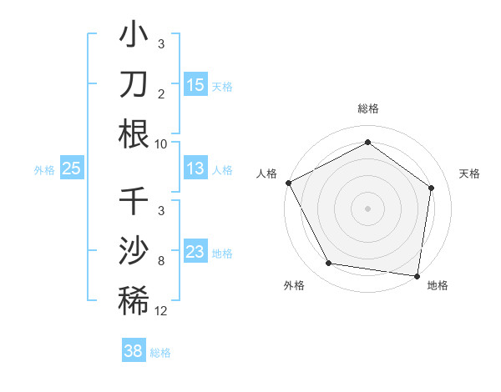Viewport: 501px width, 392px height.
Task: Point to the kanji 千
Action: pos(134,201)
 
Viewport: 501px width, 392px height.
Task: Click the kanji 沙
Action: pos(134,251)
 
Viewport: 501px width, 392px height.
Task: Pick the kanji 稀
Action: pos(134,301)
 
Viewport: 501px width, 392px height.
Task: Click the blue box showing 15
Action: pos(195,84)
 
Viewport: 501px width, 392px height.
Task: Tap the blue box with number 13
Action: pos(195,168)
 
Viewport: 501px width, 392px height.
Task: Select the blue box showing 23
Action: pos(195,251)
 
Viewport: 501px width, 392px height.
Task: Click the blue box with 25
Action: pos(72,168)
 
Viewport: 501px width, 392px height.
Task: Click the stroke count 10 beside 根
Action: pos(161,143)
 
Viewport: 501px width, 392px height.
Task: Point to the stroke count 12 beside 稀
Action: pos(161,311)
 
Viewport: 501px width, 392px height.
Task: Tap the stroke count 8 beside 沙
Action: pos(161,261)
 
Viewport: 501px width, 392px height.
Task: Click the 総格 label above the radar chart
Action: pos(368,109)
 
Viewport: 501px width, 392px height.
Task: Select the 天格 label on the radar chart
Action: pos(470,173)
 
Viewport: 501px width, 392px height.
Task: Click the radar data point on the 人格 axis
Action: pos(288,183)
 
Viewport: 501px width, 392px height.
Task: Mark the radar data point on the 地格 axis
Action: pos(417,274)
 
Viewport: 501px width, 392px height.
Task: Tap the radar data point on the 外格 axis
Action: pos(329,264)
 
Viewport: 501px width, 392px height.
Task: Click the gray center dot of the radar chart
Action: pos(367,209)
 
